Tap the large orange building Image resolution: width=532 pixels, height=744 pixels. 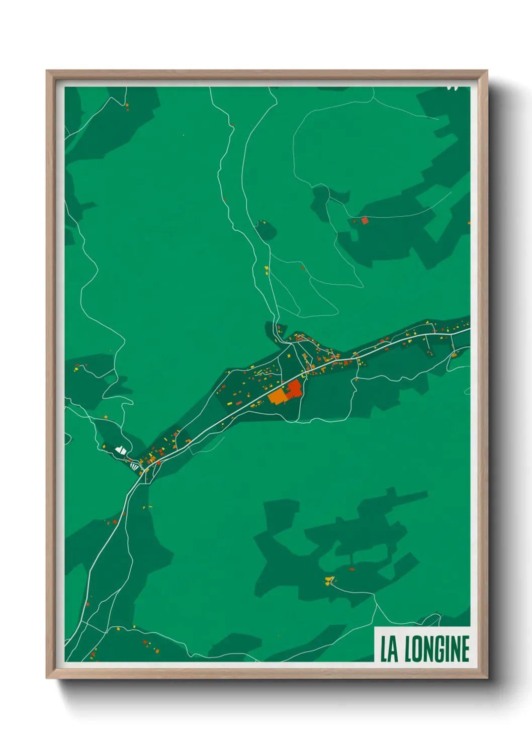click(277, 396)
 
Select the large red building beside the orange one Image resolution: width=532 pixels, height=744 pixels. click(294, 388)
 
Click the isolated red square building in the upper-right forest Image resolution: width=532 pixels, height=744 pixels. click(365, 220)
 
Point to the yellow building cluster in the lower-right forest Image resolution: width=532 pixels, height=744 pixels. click(329, 581)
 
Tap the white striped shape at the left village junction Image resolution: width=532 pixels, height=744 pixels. click(134, 466)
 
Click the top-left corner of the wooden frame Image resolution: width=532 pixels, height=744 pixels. click(47, 71)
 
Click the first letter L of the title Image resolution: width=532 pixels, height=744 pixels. click(383, 649)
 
